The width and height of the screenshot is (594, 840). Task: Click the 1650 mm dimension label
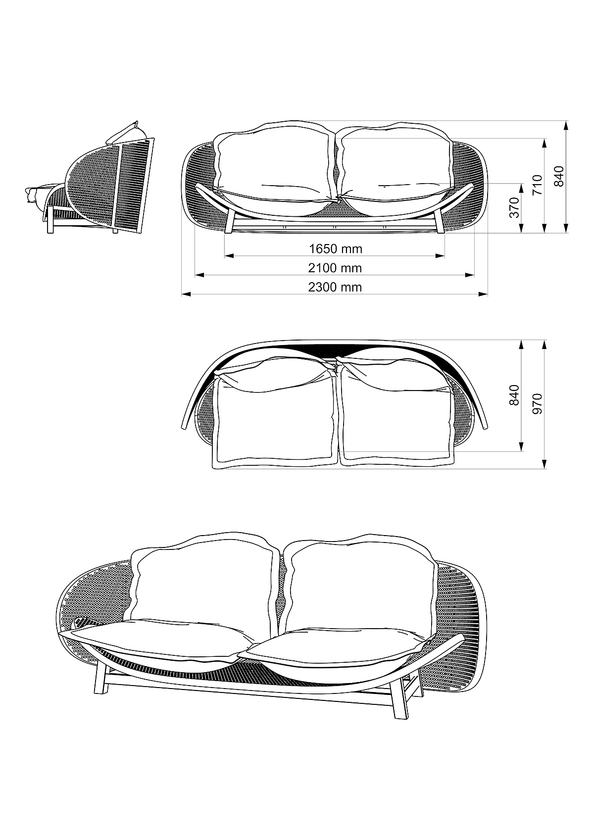[336, 248]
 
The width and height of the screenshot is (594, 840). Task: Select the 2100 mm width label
[335, 268]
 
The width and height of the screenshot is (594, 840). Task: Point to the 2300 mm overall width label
[335, 287]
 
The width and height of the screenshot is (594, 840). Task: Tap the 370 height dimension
[515, 207]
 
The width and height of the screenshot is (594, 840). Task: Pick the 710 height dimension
[537, 185]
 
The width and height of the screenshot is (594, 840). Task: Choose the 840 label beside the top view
[514, 395]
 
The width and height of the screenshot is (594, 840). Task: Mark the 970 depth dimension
[537, 403]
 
